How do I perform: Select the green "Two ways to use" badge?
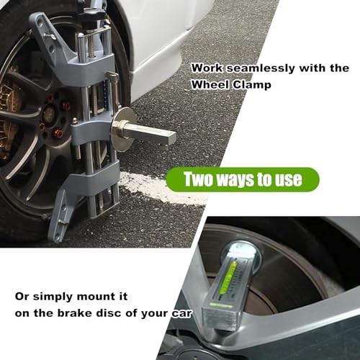click(x=243, y=179)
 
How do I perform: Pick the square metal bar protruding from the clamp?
click(x=155, y=134)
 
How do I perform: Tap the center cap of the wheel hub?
click(x=50, y=114)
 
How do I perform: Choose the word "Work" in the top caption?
click(x=204, y=68)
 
